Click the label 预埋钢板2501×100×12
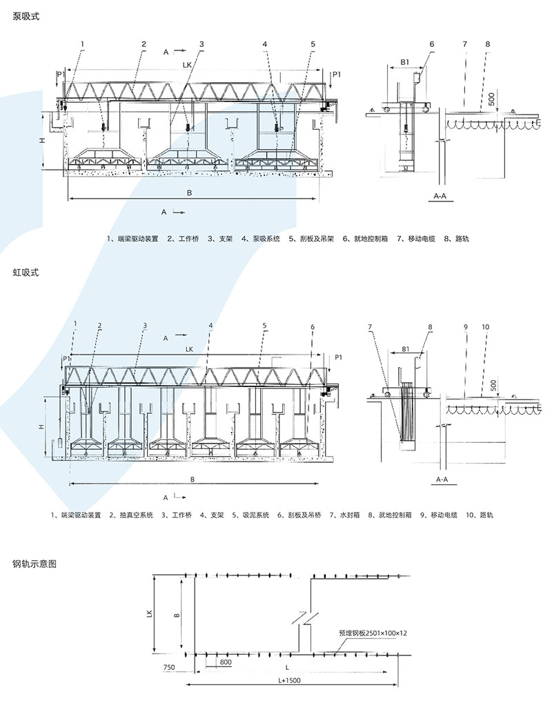[x=373, y=632]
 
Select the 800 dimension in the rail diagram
[x=225, y=662]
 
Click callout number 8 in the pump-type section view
[x=488, y=45]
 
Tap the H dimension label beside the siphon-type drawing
[x=43, y=428]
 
